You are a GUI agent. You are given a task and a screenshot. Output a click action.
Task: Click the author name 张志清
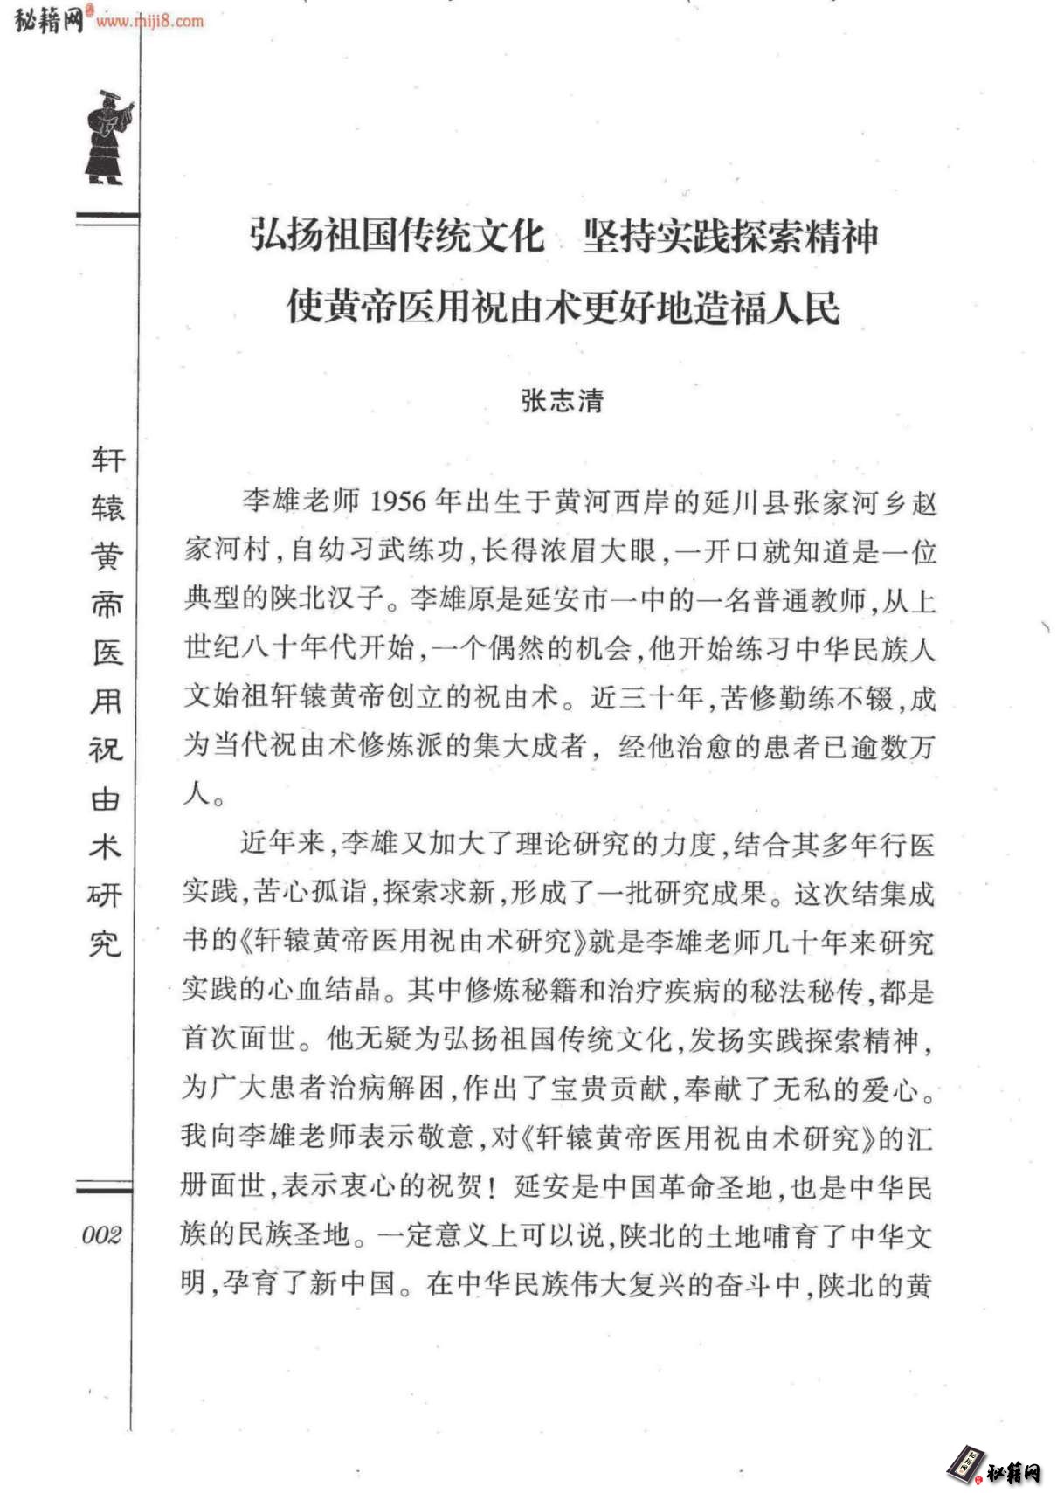[562, 400]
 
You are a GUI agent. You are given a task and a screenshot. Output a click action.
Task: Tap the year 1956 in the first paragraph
[397, 501]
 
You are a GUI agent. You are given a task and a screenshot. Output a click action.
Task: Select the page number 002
[101, 1234]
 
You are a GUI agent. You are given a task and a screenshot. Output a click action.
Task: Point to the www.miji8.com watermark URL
[150, 21]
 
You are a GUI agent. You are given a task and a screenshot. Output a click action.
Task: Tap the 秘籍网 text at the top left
[48, 20]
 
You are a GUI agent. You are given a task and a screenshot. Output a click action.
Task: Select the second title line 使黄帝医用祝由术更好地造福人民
[563, 307]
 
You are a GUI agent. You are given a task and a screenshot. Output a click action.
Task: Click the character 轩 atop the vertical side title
[108, 460]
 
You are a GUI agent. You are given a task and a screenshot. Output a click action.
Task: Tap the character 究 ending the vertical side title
[106, 943]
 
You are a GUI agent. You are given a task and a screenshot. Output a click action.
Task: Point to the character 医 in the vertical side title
[107, 653]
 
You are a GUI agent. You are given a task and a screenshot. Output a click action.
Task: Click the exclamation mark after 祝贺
[493, 1187]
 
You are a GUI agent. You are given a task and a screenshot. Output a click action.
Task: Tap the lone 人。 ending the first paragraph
[204, 793]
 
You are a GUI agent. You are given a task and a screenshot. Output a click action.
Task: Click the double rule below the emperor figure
[107, 218]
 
